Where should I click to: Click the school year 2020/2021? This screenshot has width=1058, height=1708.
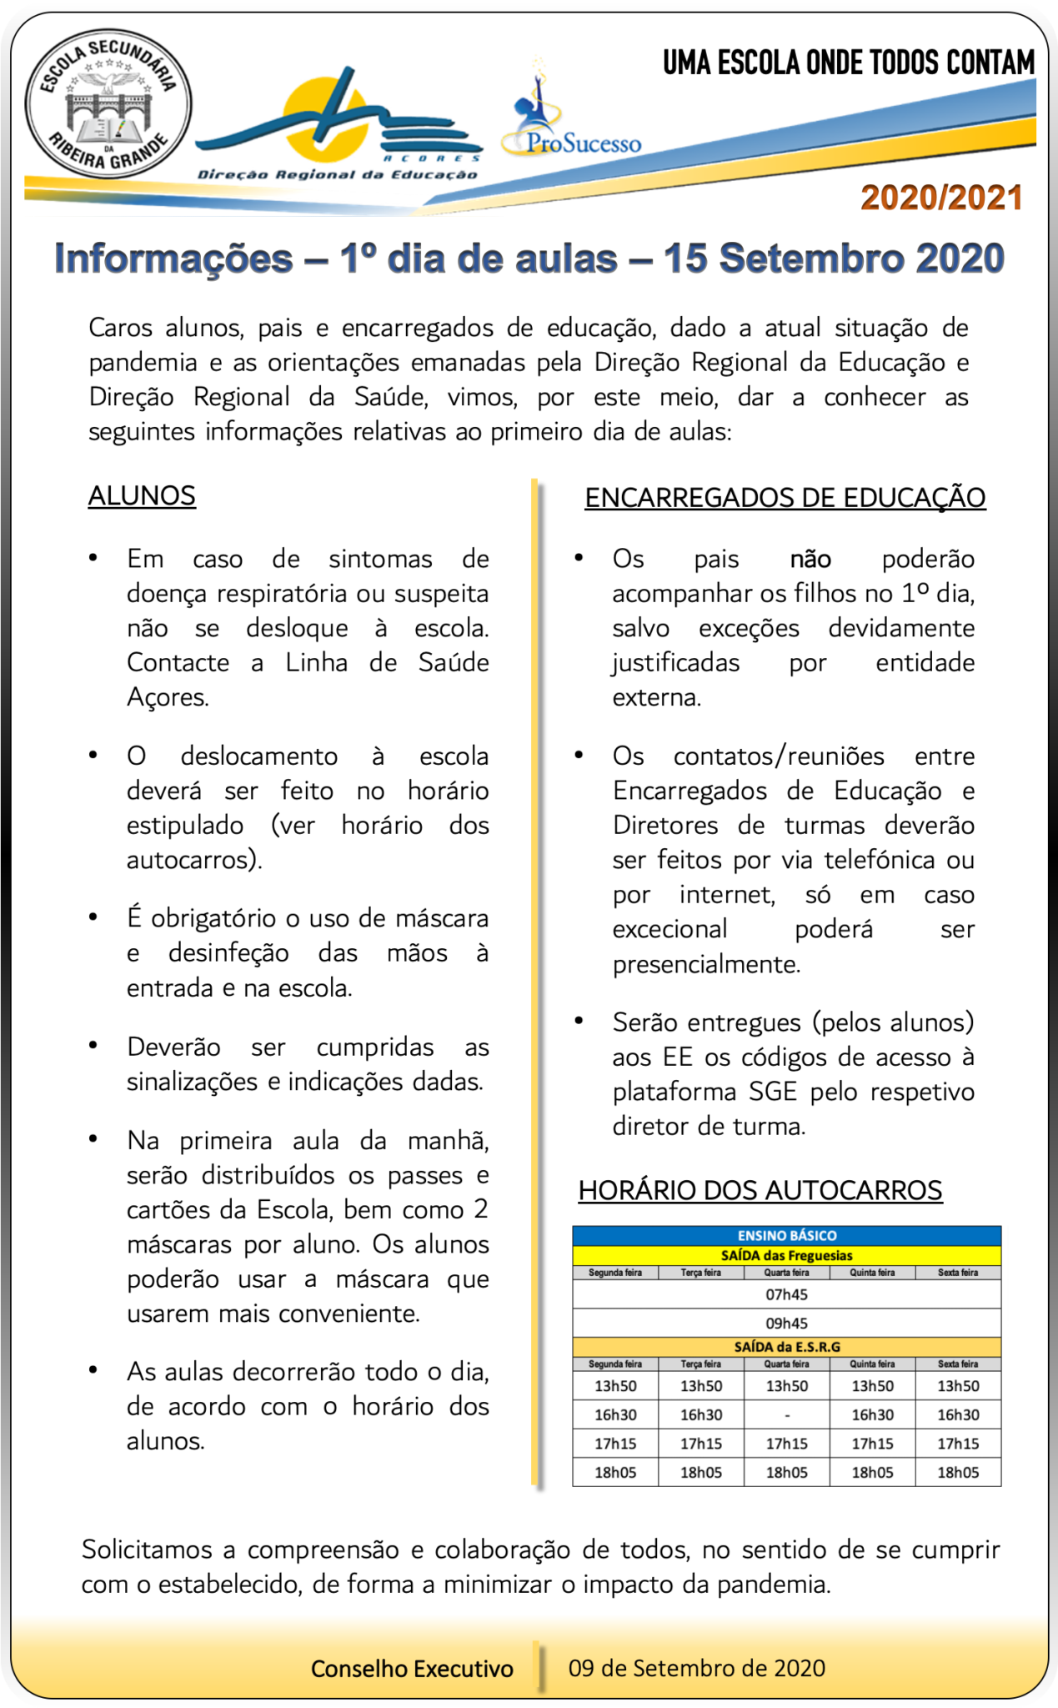941,198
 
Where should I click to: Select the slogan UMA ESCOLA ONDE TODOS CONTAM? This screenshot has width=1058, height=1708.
848,63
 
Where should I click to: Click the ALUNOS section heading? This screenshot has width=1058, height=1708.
142,495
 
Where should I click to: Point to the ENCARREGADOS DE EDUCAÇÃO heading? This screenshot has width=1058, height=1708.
785,498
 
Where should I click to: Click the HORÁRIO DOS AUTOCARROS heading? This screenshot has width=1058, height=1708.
760,1190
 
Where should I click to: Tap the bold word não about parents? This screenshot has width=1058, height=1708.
810,559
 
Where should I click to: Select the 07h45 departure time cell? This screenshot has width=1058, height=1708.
786,1294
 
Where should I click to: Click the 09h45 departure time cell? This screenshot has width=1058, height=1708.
786,1323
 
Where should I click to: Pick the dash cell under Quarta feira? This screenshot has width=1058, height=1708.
787,1414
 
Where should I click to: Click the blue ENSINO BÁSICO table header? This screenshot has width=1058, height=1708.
786,1235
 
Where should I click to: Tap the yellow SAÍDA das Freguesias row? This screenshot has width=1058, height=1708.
786,1255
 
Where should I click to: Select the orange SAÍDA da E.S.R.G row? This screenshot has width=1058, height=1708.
786,1346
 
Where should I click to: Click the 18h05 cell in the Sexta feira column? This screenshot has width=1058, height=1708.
958,1472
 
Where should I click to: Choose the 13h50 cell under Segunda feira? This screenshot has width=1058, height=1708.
615,1386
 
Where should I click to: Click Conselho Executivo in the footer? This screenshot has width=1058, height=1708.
412,1668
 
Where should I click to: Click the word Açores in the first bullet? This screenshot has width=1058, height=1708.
167,697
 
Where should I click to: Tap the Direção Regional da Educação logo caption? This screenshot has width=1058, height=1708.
337,174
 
